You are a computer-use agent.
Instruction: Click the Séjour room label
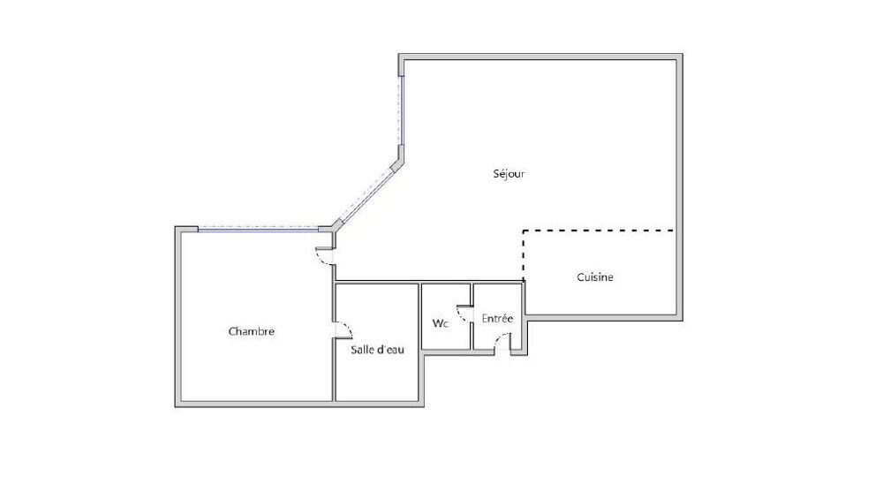coord(509,174)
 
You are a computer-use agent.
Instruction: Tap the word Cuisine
coord(595,277)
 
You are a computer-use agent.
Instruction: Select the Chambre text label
coord(251,331)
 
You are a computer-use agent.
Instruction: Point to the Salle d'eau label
coord(377,350)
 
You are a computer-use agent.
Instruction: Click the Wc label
coord(441,323)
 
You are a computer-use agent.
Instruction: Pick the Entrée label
coord(497,318)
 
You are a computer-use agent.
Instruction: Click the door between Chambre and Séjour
coord(325,256)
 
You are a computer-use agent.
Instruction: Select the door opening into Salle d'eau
coord(343,330)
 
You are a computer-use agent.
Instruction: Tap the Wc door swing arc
coord(463,314)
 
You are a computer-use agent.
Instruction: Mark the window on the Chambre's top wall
coord(259,229)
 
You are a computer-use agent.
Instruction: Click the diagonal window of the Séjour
coord(366,194)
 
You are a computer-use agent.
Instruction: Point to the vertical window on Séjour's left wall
coord(401,110)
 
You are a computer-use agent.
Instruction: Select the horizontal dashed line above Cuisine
coord(599,231)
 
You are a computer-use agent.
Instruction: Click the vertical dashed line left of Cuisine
coord(524,255)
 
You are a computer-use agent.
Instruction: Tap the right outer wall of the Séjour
coord(680,187)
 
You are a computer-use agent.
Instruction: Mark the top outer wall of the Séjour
coord(540,57)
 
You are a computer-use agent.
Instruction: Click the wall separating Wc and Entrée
coord(472,316)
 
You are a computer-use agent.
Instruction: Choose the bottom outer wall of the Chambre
coord(299,404)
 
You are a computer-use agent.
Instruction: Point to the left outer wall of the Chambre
coord(178,317)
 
